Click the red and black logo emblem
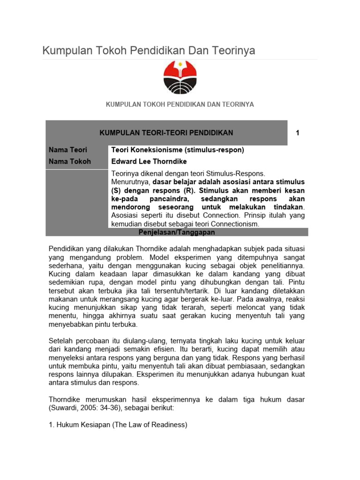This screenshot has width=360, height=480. pos(180,78)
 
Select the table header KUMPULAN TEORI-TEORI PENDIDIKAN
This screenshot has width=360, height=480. pos(166,133)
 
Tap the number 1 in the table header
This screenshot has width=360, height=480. pos(297,133)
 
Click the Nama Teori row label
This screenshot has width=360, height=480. pos(65,150)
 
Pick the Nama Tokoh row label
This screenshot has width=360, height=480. pos(66,161)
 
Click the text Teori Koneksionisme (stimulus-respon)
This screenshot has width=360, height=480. pos(177,150)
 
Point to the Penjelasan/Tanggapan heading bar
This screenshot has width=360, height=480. pos(177,232)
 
